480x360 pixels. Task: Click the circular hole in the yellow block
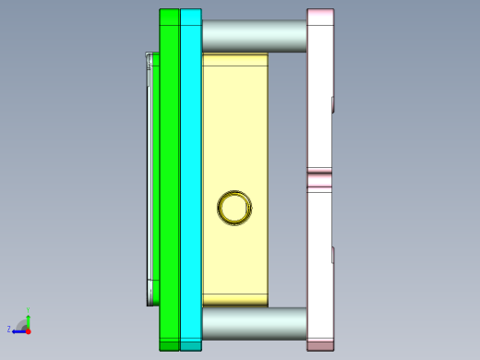coord(234,208)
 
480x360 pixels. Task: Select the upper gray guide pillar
coord(254,36)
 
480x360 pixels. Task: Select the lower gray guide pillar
coord(254,323)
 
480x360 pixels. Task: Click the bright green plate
coord(169,175)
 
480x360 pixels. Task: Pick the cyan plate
coord(190,175)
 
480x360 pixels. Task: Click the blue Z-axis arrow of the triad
coord(18,330)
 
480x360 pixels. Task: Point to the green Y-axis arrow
coord(28,318)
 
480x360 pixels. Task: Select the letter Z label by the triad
coord(9,329)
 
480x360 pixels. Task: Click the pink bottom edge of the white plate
coord(319,345)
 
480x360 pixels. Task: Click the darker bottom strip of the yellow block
coord(234,300)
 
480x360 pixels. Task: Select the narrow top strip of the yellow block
coord(234,60)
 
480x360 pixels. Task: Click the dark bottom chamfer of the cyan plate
coord(190,345)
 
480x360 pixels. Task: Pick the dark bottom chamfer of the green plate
coord(169,345)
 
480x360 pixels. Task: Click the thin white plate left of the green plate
coord(150,175)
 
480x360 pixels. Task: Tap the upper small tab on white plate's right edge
coord(332,103)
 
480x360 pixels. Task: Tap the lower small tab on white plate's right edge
coord(332,255)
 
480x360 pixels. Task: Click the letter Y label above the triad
coord(29,310)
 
